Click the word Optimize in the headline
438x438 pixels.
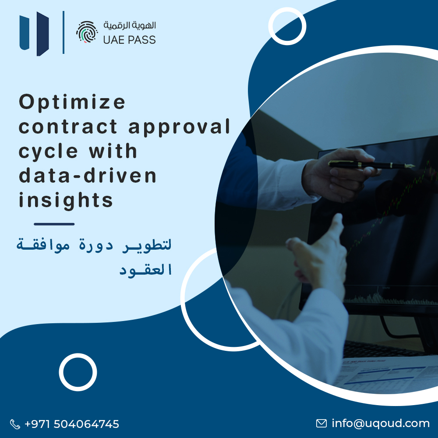[x=72, y=103]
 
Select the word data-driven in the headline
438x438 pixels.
[x=87, y=176]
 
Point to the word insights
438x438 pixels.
[x=66, y=200]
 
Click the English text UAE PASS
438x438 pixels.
[x=129, y=40]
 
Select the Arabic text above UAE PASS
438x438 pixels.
[x=130, y=25]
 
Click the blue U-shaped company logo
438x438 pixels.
[x=34, y=34]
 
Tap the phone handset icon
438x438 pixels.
[x=15, y=424]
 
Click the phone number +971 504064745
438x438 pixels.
[x=72, y=424]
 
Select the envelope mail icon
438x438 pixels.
[x=321, y=424]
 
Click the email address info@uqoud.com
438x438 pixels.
[x=381, y=424]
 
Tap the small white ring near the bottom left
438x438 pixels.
[x=78, y=372]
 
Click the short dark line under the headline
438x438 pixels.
[x=54, y=224]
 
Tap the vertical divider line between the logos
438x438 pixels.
[x=64, y=32]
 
